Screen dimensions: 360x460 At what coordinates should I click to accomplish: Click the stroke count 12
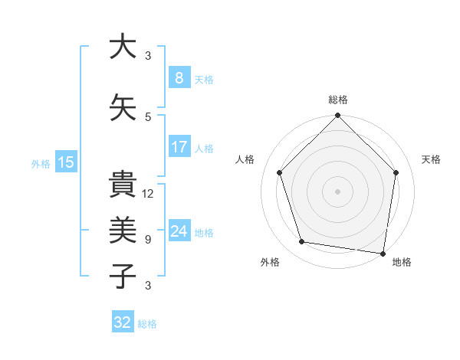(148, 194)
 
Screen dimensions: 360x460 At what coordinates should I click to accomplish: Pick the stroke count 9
(148, 240)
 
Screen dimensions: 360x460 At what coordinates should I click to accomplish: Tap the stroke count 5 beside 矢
(148, 116)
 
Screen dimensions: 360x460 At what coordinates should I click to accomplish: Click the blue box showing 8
(179, 77)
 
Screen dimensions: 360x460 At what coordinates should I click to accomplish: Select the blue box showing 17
(179, 146)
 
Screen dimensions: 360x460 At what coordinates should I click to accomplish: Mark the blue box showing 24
(179, 231)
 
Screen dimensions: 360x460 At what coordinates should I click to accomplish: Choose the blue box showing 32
(123, 322)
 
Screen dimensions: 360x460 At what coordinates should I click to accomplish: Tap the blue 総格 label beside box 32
(147, 324)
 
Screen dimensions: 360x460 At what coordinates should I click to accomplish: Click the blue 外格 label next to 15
(41, 163)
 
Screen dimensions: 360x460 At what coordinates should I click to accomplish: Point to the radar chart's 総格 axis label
(338, 100)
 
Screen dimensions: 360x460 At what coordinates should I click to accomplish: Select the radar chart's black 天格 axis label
(432, 159)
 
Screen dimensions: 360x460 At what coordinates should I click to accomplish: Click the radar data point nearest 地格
(383, 253)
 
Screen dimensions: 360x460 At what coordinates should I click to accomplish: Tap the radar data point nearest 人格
(280, 173)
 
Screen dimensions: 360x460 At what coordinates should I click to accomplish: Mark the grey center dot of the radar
(337, 191)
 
